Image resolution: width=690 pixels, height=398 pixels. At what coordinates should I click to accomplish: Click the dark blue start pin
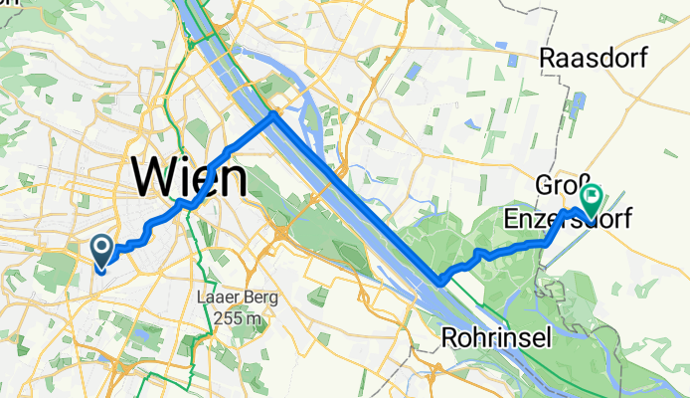pyautogui.click(x=101, y=249)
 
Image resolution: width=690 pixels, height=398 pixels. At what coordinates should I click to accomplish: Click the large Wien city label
pyautogui.click(x=189, y=179)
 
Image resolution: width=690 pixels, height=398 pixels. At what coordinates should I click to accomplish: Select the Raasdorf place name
pyautogui.click(x=593, y=59)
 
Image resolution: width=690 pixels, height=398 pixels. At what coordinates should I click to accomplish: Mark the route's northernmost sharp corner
pyautogui.click(x=273, y=116)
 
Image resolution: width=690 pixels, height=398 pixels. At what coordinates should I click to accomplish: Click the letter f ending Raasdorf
pyautogui.click(x=642, y=59)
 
